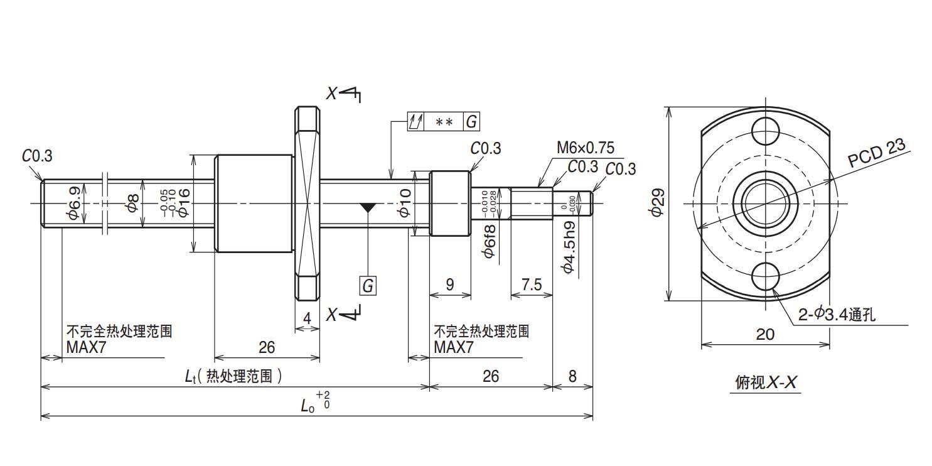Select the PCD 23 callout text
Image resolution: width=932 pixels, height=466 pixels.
(x=877, y=154)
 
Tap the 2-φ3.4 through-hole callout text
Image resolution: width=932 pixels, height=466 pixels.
(x=836, y=315)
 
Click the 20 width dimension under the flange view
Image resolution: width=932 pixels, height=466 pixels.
(x=765, y=334)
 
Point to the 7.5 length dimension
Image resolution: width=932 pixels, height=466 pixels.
(x=531, y=284)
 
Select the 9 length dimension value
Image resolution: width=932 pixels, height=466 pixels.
(x=449, y=284)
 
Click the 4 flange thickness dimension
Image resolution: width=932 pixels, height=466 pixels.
(x=307, y=318)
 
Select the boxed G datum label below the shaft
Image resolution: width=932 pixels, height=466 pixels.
(x=368, y=286)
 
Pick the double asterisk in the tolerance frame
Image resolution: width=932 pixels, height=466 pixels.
(x=444, y=122)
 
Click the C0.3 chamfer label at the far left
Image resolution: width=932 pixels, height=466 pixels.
(x=38, y=156)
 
